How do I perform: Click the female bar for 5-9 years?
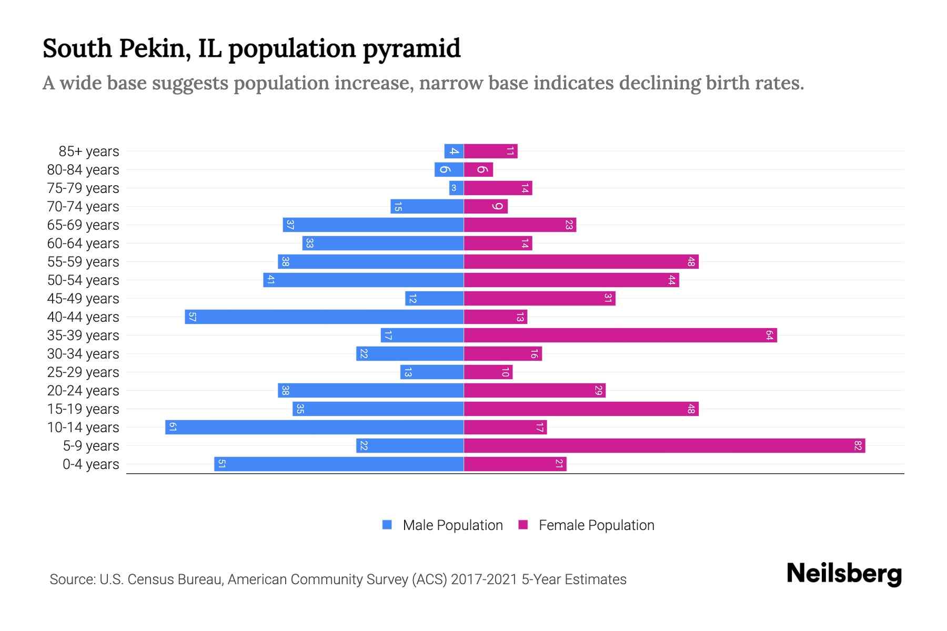pos(664,446)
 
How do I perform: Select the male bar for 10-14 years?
pos(314,428)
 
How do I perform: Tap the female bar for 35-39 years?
pos(620,335)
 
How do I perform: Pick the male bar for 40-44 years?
pos(324,317)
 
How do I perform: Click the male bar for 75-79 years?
pos(456,188)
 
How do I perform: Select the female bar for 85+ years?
pos(490,151)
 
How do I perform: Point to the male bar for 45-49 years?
pos(434,299)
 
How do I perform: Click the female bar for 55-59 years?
pos(581,262)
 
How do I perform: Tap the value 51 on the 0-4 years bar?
pos(221,464)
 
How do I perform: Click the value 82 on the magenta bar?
pos(858,446)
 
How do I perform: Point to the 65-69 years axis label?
pos(83,225)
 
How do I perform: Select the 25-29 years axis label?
pos(83,372)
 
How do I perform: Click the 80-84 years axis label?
pos(83,170)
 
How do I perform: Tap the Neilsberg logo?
pos(844,573)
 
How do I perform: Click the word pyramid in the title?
pos(411,49)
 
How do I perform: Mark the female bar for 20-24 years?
pos(535,391)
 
